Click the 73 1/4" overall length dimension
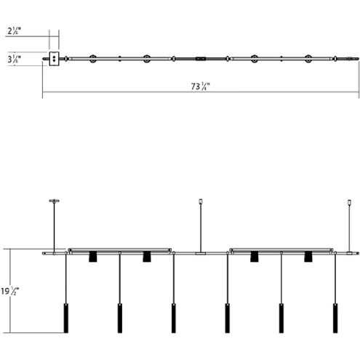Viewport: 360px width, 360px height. (x=201, y=86)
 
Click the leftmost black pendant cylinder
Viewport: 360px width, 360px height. (x=66, y=318)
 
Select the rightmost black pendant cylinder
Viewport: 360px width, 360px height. (x=335, y=318)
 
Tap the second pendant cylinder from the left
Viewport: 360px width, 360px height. (x=120, y=318)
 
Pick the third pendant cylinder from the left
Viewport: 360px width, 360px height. (x=174, y=318)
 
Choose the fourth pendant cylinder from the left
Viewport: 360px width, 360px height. (x=227, y=318)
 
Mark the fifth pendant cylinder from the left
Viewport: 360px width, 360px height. (x=281, y=318)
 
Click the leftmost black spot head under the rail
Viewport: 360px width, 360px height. (x=93, y=257)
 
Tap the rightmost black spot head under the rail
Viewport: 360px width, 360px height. (x=308, y=257)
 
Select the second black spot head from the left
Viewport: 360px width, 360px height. (x=147, y=257)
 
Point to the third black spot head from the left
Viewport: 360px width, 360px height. (x=255, y=257)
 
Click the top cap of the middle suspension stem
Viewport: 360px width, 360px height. (x=201, y=201)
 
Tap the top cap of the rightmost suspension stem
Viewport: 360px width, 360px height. (x=349, y=201)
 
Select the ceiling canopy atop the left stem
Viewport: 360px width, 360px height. (x=54, y=200)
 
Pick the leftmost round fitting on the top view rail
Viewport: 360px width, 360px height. (x=93, y=58)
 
